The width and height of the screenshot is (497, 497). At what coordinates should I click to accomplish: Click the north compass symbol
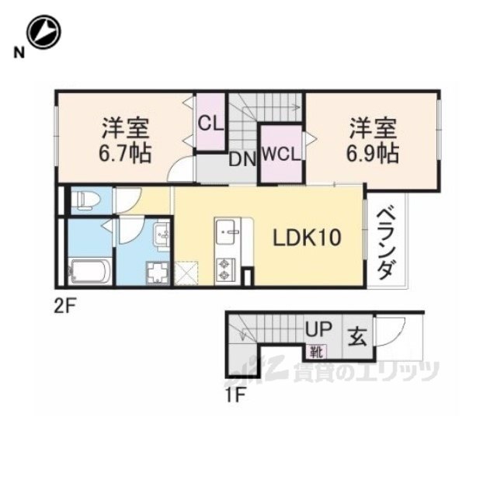click(43, 32)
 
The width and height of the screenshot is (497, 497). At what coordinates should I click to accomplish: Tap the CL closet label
click(210, 123)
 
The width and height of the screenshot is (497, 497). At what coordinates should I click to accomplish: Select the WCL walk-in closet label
click(281, 155)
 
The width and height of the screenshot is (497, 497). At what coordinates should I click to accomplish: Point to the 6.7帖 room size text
click(125, 153)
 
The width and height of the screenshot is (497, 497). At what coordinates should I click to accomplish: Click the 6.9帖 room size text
click(372, 153)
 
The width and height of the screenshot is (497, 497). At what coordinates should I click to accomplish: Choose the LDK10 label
click(307, 238)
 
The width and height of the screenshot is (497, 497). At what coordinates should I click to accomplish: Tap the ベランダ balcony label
click(386, 243)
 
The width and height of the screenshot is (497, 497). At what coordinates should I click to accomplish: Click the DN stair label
click(242, 160)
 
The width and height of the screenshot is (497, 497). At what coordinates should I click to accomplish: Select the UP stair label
click(318, 329)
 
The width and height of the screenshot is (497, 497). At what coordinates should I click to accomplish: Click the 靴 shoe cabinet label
click(316, 353)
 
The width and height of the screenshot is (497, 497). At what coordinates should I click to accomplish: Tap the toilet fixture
click(85, 200)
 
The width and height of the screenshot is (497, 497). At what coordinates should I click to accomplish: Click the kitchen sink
click(228, 231)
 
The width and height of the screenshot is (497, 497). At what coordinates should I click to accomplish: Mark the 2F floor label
click(64, 307)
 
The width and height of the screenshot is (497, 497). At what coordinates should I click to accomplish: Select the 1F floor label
click(235, 395)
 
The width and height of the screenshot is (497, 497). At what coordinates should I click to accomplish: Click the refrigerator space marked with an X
click(186, 273)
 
